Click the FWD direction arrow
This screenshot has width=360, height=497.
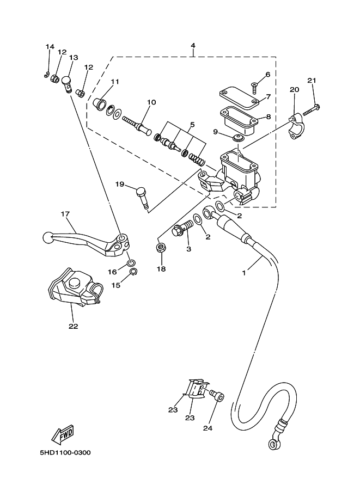63,434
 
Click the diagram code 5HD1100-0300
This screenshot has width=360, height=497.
65,452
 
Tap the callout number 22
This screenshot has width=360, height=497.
74,326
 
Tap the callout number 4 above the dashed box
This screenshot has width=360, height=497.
193,46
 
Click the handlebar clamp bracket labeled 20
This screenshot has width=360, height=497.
296,126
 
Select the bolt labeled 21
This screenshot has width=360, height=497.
311,109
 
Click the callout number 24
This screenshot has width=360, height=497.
208,428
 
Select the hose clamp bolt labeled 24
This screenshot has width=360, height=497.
216,395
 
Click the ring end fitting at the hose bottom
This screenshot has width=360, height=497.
273,444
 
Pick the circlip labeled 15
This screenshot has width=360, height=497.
133,272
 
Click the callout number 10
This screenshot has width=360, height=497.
151,102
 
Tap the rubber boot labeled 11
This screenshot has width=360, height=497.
99,103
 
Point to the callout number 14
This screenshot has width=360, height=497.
50,47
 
